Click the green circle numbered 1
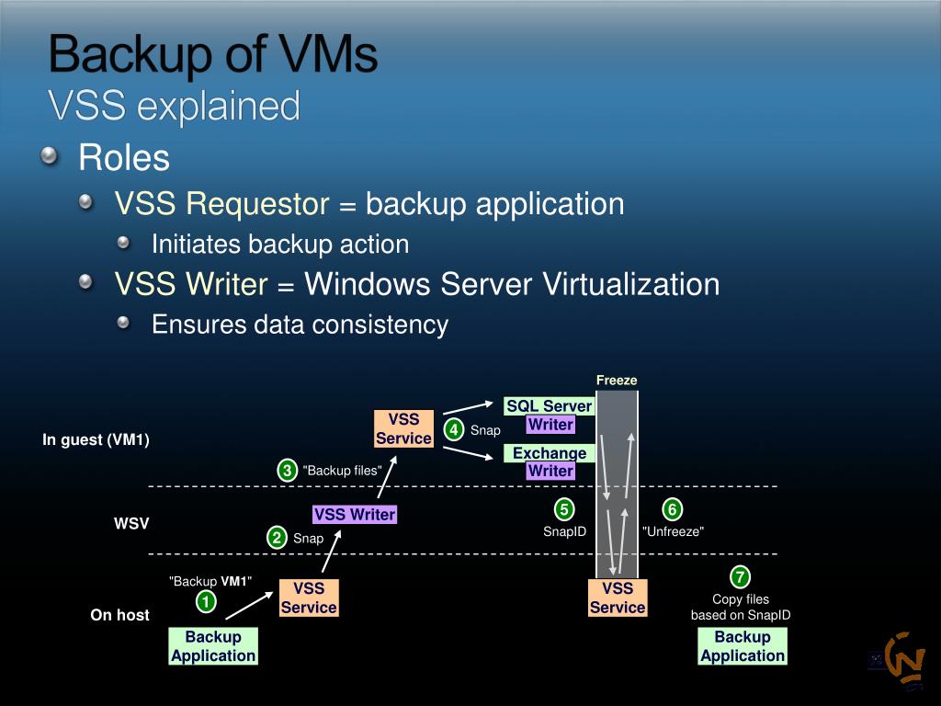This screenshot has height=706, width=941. [x=207, y=602]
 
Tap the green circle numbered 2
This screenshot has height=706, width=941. [x=276, y=538]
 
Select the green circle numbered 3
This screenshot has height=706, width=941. [x=287, y=471]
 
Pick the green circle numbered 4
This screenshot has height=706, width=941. [x=453, y=429]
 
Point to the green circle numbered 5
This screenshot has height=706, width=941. [x=564, y=509]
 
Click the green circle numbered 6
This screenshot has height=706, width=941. [x=672, y=509]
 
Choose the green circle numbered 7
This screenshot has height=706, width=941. [x=740, y=577]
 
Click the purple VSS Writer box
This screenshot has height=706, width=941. [x=354, y=515]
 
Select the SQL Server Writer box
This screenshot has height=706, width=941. [x=550, y=416]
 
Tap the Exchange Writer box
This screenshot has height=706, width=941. [x=550, y=461]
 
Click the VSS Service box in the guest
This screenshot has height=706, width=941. [x=403, y=429]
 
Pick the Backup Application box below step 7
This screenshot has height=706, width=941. [x=743, y=646]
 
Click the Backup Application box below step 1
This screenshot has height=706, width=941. [x=213, y=646]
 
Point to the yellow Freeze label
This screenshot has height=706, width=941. [x=617, y=381]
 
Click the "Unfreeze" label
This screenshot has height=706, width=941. [x=673, y=531]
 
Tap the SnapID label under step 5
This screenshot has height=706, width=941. [x=564, y=531]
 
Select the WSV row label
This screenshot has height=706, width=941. [x=131, y=524]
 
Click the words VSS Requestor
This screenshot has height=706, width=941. [x=221, y=204]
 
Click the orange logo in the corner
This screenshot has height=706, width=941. [x=904, y=660]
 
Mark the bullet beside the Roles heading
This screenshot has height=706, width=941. [x=50, y=157]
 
